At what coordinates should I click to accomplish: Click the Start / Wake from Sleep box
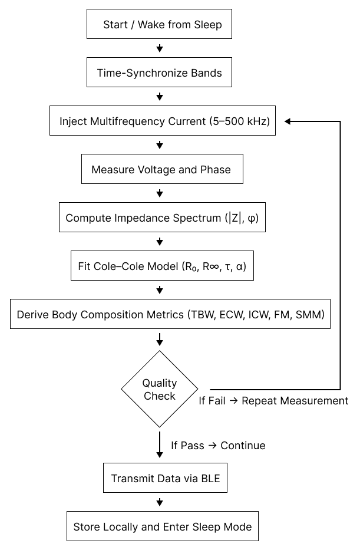pos(159,25)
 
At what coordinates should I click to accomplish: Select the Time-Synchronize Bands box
pos(159,73)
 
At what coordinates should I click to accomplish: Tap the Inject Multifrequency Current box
pos(163,121)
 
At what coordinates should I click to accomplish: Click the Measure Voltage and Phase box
pos(161,170)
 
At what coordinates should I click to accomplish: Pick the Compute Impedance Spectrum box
pos(162,218)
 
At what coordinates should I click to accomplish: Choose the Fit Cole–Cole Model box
pos(161,266)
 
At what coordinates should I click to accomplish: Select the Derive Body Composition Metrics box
pos(170,315)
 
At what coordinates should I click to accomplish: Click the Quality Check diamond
pos(159,390)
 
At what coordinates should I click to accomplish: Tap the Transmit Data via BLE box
pos(165,479)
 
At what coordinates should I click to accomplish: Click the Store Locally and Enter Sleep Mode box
pos(162,527)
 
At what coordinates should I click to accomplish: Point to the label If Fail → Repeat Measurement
pos(273,401)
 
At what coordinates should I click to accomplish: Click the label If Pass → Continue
pos(218,446)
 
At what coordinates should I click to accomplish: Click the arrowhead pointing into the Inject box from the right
pos(289,121)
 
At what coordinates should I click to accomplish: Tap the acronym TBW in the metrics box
pos(200,315)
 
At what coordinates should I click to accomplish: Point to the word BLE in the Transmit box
pos(210,479)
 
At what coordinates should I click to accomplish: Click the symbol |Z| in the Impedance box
pos(236,218)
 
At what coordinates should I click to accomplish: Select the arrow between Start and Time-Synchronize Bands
pos(159,47)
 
